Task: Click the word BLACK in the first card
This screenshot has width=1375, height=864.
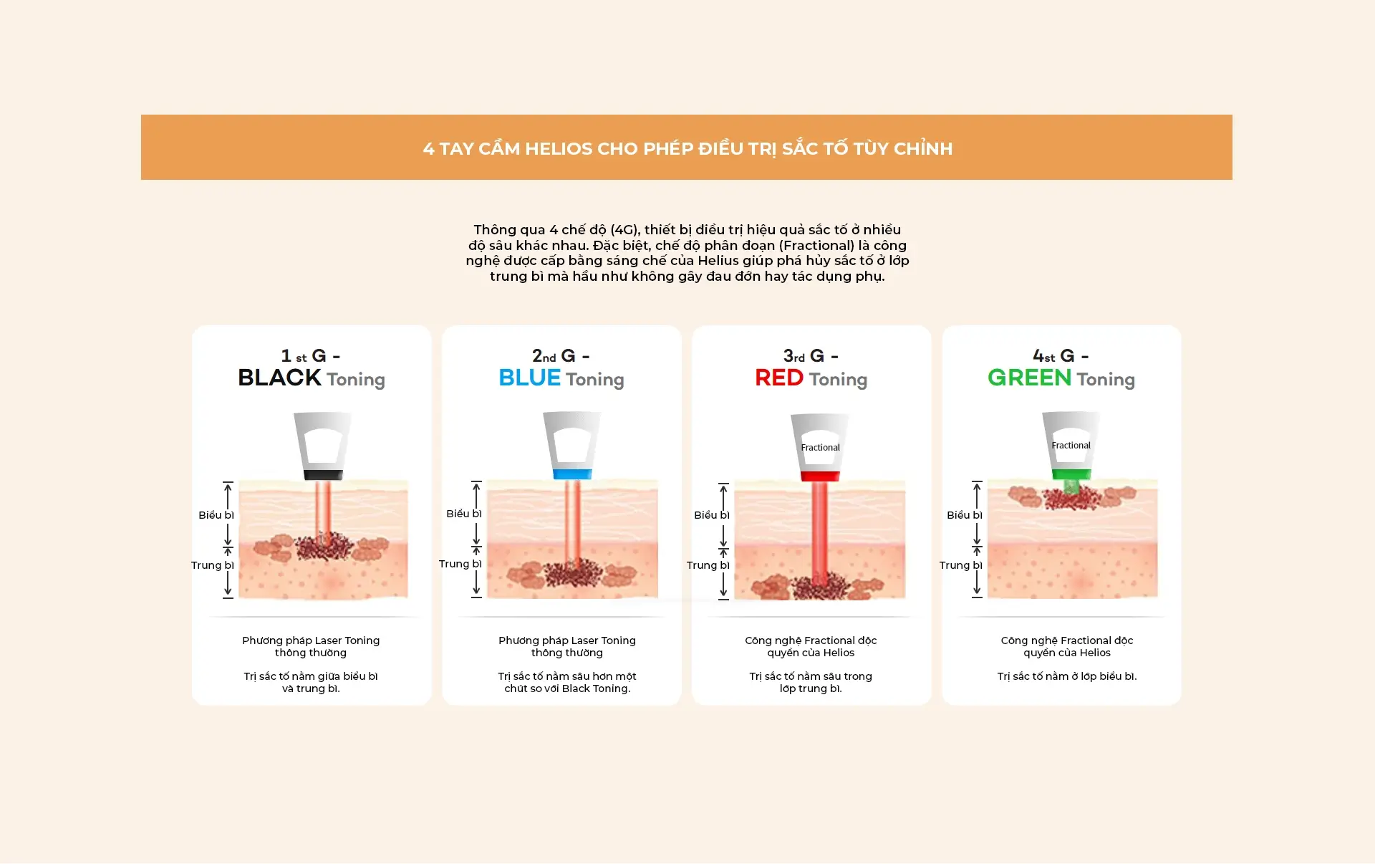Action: [279, 378]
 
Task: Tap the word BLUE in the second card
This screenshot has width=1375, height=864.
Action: [529, 378]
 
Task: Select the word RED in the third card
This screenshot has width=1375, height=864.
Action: [779, 378]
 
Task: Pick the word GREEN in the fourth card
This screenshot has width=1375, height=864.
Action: [1029, 378]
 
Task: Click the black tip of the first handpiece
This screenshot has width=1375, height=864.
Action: [323, 474]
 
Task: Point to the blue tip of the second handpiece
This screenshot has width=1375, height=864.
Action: [572, 474]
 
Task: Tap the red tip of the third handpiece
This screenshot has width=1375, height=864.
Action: [820, 476]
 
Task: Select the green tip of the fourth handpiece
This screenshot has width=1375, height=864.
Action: [1071, 474]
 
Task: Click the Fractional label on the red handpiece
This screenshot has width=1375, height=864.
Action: [820, 447]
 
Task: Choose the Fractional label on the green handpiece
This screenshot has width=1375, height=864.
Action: [1071, 445]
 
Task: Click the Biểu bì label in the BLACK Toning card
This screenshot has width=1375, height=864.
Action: [216, 515]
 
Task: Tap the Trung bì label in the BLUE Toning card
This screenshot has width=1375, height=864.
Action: [460, 564]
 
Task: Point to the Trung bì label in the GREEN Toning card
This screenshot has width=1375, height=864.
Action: [960, 565]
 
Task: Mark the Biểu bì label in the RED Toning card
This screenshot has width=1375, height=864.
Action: [711, 515]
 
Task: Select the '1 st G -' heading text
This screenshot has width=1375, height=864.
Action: [311, 355]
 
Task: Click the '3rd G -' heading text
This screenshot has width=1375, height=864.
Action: [811, 355]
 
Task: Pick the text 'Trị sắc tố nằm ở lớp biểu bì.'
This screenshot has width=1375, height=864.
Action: [1067, 676]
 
